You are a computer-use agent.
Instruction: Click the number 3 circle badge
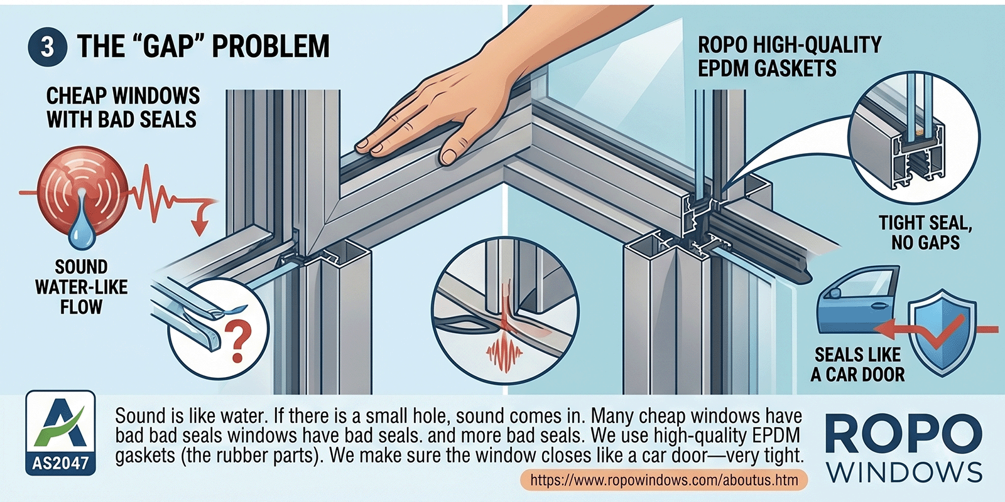[47, 46]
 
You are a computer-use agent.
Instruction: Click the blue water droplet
[82, 228]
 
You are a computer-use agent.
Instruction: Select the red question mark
[237, 343]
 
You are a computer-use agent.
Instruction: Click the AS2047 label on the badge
[60, 462]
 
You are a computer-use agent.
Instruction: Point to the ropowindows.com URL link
[664, 481]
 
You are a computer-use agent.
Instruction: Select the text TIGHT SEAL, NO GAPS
[925, 233]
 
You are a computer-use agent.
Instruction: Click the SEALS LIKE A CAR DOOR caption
[858, 365]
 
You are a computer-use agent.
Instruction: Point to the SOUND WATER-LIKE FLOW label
[81, 287]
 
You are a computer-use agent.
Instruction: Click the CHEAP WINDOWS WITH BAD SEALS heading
[122, 107]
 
